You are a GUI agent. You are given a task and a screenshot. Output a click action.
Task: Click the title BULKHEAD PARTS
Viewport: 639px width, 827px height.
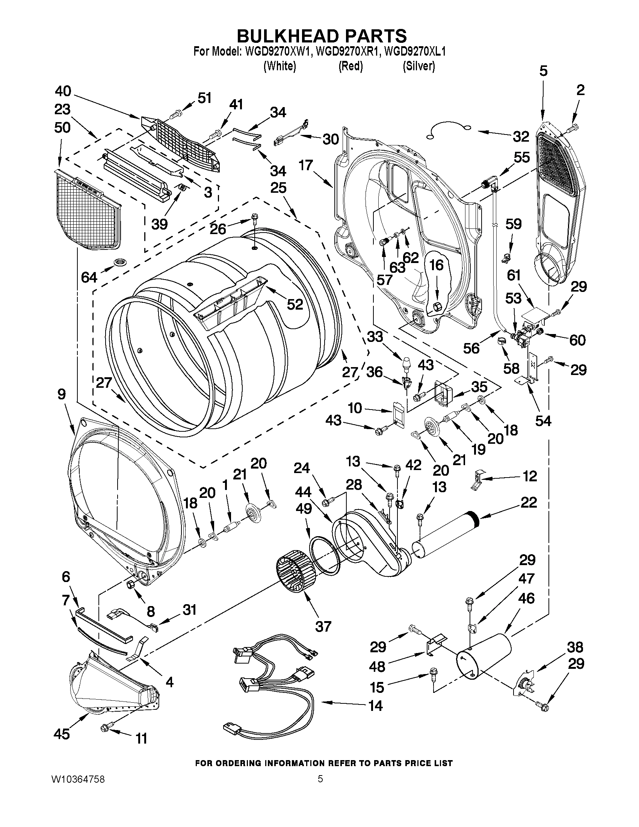pos(322,36)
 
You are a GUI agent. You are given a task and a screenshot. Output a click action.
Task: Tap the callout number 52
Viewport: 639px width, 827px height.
pos(295,304)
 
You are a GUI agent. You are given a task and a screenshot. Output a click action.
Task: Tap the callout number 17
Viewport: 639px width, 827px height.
pos(306,165)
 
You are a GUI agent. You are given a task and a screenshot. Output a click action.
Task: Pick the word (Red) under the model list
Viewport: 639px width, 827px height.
pos(350,66)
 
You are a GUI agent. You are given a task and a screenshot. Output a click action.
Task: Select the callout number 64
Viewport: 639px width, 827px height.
pos(89,277)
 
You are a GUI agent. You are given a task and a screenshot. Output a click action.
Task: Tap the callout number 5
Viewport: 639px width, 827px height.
pos(543,71)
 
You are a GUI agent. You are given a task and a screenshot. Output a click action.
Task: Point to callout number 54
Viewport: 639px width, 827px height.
pos(543,420)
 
